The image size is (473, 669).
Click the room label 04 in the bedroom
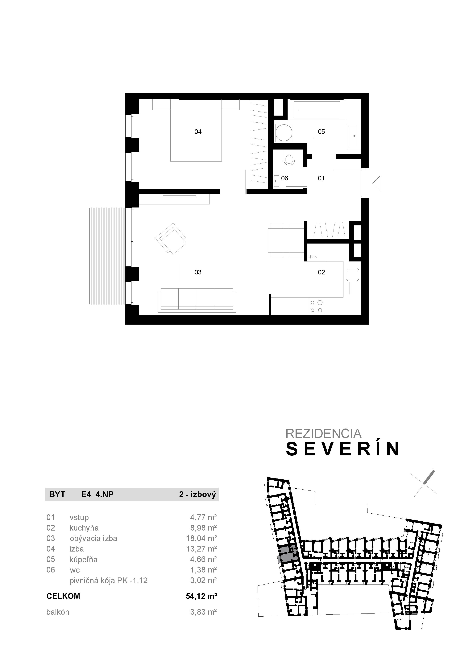pos(198,132)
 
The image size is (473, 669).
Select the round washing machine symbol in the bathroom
pos(284,133)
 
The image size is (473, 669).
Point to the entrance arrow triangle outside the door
pos(377,183)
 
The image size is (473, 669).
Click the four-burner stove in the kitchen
pos(316,306)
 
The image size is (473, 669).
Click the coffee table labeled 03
pos(197,272)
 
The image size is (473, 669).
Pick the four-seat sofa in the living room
pos(197,300)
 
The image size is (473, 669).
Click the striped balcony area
pos(107,256)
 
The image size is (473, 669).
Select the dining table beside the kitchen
pos(286,240)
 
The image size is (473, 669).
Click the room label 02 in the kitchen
pos(321,272)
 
